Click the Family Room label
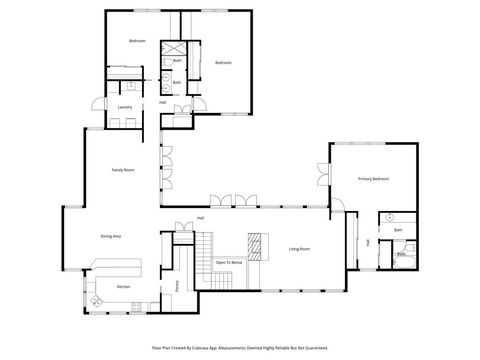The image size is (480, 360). [x=123, y=171]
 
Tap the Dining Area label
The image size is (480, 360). [x=111, y=236]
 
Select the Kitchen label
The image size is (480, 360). [x=123, y=287]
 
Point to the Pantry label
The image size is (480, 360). [x=177, y=285]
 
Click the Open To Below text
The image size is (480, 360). [x=230, y=262]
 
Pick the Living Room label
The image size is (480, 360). [x=299, y=249]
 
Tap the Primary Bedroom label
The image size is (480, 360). [x=373, y=179]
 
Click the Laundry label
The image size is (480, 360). [x=125, y=107]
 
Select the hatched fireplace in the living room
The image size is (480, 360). [x=257, y=246]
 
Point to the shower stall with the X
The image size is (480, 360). [x=173, y=49]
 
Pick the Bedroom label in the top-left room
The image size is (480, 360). [x=137, y=40]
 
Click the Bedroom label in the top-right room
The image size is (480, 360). [x=223, y=63]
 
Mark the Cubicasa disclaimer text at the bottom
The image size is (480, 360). [x=240, y=347]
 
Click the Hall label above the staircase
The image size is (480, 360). [x=200, y=218]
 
